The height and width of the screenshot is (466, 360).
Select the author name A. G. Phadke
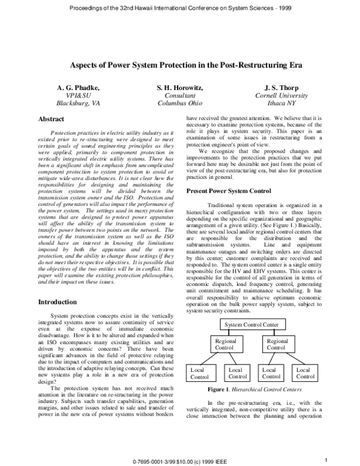point(78,88)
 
